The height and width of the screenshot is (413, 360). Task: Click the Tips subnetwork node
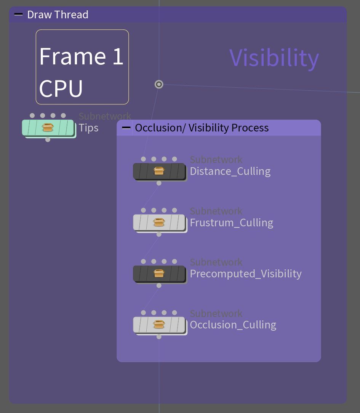[x=48, y=128]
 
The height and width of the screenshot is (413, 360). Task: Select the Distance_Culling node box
[x=159, y=171]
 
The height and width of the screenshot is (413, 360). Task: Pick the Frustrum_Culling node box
[x=159, y=222]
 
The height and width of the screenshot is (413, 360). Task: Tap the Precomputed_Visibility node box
[x=159, y=274]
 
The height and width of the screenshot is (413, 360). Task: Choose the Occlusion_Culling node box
[x=159, y=325]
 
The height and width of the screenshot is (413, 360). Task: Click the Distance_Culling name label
[x=230, y=171]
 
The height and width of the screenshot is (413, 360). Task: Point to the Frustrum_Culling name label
[x=232, y=223]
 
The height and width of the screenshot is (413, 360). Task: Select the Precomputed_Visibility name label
[x=246, y=274]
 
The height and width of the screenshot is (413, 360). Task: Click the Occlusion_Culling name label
[x=233, y=325]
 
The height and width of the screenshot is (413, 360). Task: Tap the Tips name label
[x=88, y=128]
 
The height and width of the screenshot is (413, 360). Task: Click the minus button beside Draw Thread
[x=18, y=14]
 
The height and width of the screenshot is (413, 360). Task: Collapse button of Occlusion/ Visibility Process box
[x=126, y=128]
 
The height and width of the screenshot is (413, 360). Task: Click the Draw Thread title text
[x=58, y=15]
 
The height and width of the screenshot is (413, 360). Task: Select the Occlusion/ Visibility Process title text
[x=202, y=128]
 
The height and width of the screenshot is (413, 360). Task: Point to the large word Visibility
[x=274, y=58]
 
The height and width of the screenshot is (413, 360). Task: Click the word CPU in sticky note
[x=61, y=88]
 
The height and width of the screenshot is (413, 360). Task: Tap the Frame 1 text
[x=81, y=56]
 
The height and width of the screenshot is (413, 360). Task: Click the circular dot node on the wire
[x=159, y=84]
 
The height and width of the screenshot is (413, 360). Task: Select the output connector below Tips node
[x=48, y=139]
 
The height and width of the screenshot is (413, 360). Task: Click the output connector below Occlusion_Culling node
[x=159, y=337]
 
